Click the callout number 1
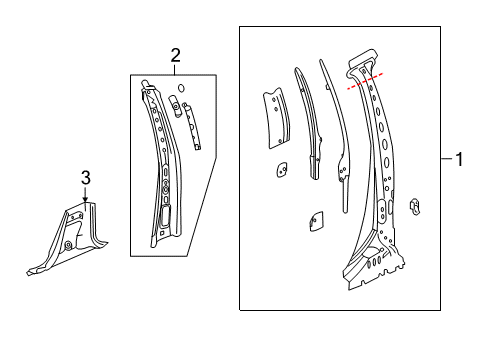461,159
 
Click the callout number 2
175,56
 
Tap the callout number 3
85,178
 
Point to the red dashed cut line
365,81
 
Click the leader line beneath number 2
175,69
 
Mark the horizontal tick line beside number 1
445,159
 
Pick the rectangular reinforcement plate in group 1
274,118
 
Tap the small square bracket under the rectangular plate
279,171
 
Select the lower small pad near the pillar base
315,220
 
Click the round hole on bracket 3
68,245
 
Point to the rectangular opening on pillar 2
163,217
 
